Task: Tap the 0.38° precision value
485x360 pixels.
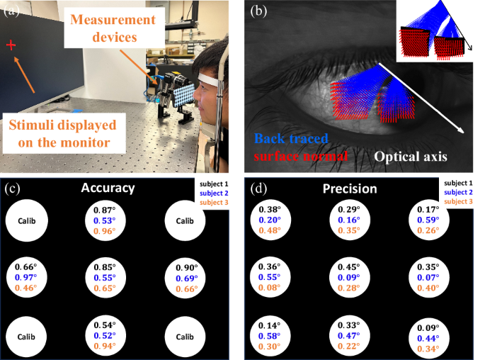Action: (x=269, y=210)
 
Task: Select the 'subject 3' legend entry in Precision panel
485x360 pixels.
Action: (x=460, y=202)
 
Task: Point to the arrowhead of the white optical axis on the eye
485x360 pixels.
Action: (x=463, y=130)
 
